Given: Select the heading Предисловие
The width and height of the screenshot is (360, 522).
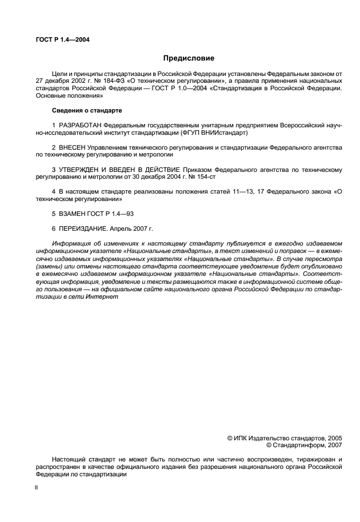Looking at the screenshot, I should point(189,58).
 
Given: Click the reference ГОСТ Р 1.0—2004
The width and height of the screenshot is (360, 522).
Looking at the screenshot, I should point(177,89).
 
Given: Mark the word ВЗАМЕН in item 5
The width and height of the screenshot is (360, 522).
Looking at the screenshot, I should point(73,214).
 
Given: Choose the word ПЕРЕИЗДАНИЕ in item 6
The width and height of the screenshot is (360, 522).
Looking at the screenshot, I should point(82,229).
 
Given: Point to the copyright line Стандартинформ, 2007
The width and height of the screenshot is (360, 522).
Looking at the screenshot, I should point(303,445).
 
